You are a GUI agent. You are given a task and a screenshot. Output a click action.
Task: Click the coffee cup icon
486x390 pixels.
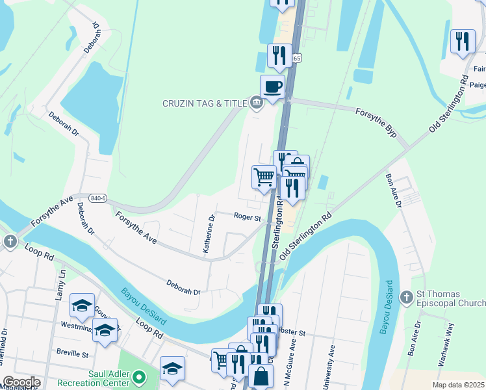pyautogui.click(x=272, y=86)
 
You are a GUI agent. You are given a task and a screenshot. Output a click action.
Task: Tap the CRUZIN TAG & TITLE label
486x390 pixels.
pyautogui.click(x=203, y=103)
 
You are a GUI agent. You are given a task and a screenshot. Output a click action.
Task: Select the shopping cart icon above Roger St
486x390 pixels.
pyautogui.click(x=264, y=177)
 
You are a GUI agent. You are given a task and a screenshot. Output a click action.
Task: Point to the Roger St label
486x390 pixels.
pyautogui.click(x=247, y=218)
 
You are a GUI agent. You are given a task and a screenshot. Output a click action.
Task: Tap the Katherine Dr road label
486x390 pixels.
pyautogui.click(x=209, y=235)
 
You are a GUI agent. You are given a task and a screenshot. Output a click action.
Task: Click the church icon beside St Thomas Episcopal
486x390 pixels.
pyautogui.click(x=406, y=297)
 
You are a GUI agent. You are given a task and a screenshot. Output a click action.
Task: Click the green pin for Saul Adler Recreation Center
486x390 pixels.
pyautogui.click(x=138, y=376)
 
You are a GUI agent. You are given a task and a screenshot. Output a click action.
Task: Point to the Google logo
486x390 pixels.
pyautogui.click(x=21, y=382)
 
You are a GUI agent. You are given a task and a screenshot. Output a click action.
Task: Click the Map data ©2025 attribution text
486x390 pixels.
pyautogui.click(x=458, y=385)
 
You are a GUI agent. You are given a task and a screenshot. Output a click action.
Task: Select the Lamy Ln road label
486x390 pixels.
pyautogui.click(x=61, y=283)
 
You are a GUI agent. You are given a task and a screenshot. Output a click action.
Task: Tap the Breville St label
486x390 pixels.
pyautogui.click(x=72, y=355)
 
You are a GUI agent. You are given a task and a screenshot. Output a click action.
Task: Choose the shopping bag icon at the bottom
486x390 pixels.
pyautogui.click(x=261, y=376)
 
